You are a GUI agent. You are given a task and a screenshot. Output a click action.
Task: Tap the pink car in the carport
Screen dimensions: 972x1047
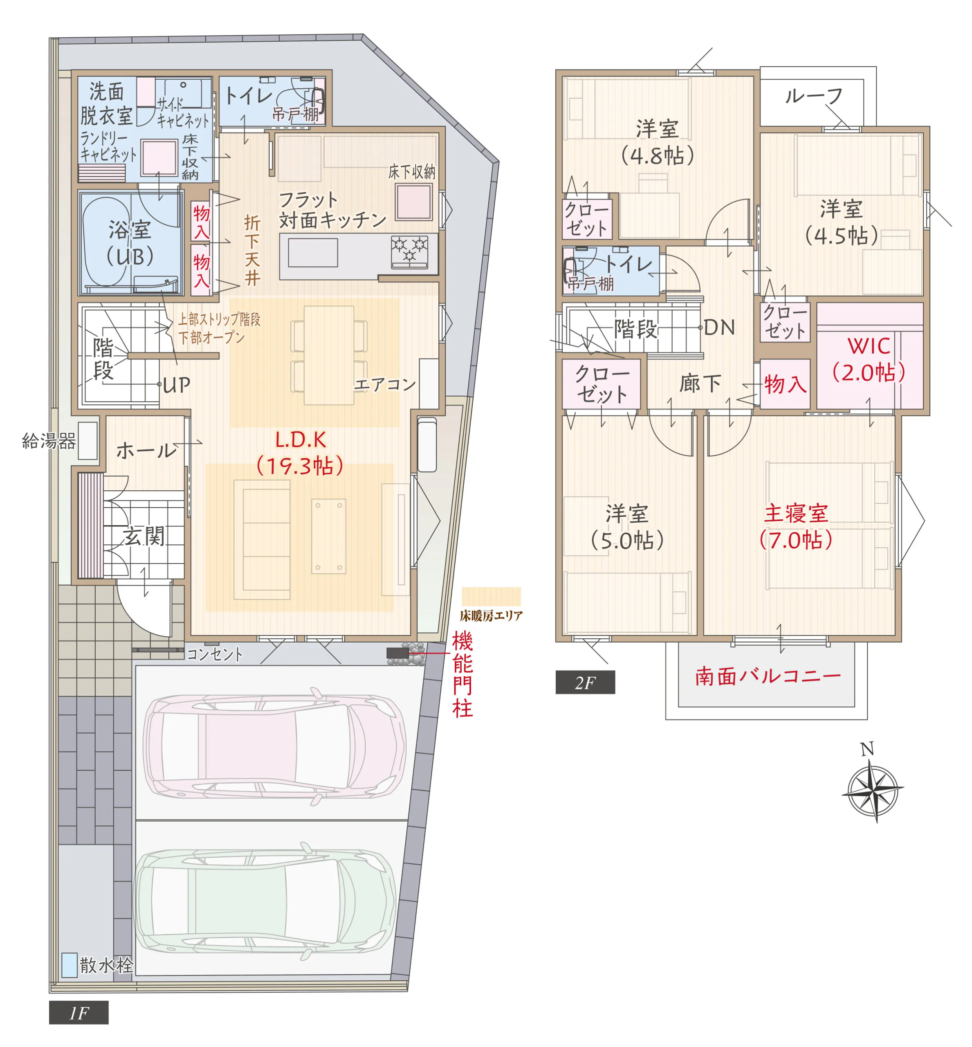pyautogui.click(x=274, y=746)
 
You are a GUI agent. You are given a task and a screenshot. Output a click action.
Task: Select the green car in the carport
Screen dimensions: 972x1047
pyautogui.click(x=265, y=902)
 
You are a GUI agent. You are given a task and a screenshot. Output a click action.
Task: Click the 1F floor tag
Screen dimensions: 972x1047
pyautogui.click(x=79, y=1012)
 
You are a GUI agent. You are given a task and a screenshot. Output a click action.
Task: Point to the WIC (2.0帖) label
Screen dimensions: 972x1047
pyautogui.click(x=869, y=359)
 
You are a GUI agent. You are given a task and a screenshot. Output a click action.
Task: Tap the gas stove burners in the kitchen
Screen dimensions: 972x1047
pyautogui.click(x=410, y=250)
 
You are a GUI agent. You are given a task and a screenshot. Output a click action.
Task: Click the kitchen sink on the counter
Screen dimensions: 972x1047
pyautogui.click(x=312, y=252)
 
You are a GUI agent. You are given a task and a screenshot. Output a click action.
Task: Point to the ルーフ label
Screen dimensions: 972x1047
pyautogui.click(x=814, y=96)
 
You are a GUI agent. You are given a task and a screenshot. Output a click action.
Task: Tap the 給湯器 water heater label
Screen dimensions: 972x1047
pyautogui.click(x=49, y=441)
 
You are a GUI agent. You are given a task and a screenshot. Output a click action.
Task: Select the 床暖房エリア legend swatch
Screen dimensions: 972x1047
pyautogui.click(x=491, y=597)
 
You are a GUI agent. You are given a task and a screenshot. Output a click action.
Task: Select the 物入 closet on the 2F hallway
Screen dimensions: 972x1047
pyautogui.click(x=785, y=384)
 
